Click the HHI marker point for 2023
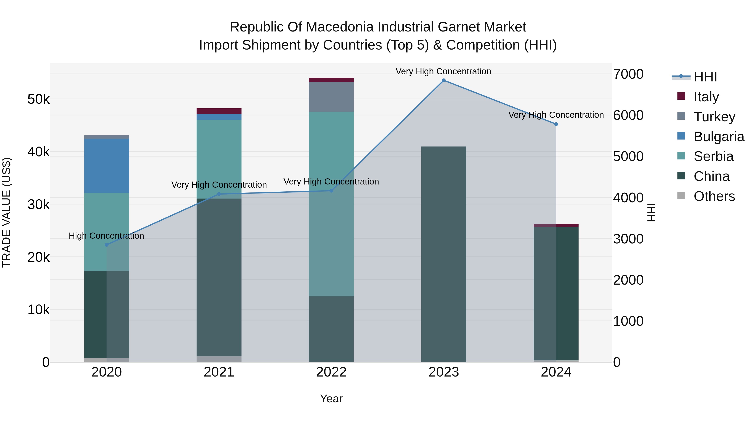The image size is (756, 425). pyautogui.click(x=444, y=80)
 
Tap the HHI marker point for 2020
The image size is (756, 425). pyautogui.click(x=106, y=245)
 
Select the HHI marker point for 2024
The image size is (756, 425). pyautogui.click(x=556, y=124)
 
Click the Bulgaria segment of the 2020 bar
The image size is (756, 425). pyautogui.click(x=106, y=166)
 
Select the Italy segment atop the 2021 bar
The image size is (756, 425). pyautogui.click(x=219, y=111)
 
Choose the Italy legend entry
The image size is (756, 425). pyautogui.click(x=706, y=97)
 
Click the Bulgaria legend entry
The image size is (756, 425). pyautogui.click(x=718, y=137)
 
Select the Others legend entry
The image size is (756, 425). pyautogui.click(x=714, y=196)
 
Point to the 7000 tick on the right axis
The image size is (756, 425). pyautogui.click(x=628, y=74)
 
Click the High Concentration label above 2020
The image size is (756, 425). pyautogui.click(x=106, y=236)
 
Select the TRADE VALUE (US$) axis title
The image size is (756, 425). pyautogui.click(x=7, y=212)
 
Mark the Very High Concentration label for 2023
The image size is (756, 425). pyautogui.click(x=443, y=71)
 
